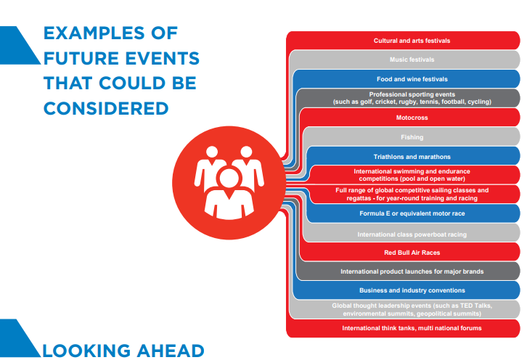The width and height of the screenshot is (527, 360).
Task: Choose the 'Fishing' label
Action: [412, 136]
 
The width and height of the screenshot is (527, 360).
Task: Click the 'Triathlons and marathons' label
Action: [412, 156]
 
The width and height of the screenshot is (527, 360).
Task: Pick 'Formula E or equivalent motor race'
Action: [412, 213]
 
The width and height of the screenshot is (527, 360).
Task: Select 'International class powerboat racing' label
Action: [412, 234]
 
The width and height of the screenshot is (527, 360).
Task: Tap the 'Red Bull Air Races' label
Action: [412, 253]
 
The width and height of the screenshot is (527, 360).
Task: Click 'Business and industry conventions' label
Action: [412, 290]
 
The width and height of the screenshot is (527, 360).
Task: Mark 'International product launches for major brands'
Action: [412, 271]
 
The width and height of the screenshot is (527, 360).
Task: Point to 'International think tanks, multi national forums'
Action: [412, 329]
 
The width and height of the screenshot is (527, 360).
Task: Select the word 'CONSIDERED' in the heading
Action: [106, 108]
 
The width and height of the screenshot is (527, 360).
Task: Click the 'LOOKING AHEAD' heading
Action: [123, 351]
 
